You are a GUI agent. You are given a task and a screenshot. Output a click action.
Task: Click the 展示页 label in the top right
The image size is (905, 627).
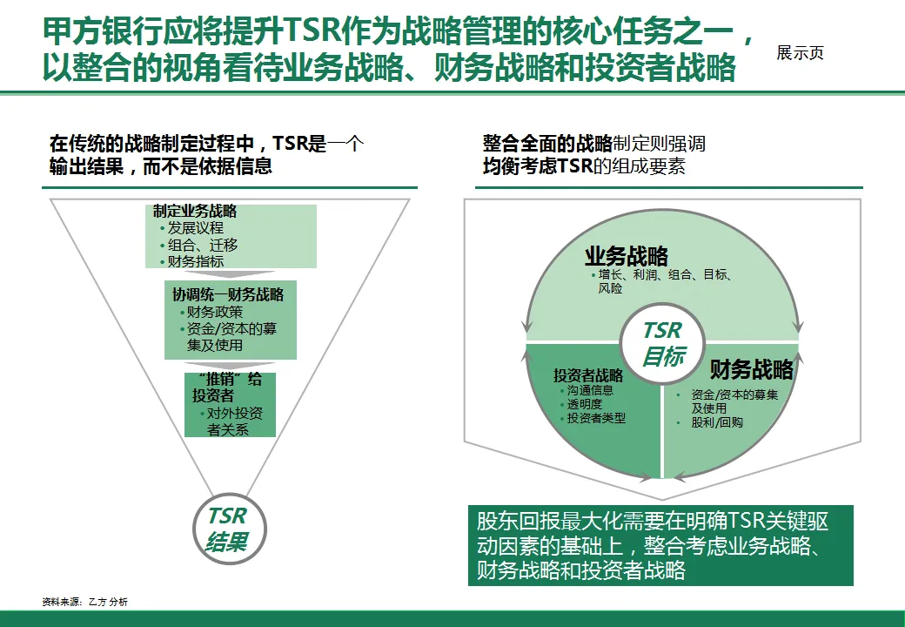coord(800,53)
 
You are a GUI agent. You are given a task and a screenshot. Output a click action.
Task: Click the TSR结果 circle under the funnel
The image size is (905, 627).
coord(226,529)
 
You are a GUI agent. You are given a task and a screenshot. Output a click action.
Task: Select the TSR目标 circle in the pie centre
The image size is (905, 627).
coord(663,344)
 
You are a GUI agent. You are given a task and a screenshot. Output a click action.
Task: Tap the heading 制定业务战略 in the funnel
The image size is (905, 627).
coord(195,212)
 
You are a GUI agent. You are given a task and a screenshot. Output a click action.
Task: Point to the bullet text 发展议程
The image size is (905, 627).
coord(195,228)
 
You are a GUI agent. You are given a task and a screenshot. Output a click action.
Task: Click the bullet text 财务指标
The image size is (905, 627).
coord(195,261)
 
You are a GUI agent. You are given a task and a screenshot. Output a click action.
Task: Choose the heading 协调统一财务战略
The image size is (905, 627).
coord(228,294)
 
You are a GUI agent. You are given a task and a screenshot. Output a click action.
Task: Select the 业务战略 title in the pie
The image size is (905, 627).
coord(627,256)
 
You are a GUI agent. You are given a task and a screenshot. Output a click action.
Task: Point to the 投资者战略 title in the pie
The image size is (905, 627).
coord(588,376)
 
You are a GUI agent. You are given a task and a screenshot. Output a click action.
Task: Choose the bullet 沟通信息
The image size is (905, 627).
coord(590,390)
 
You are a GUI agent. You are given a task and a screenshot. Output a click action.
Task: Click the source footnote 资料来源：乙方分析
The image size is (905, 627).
coord(84,602)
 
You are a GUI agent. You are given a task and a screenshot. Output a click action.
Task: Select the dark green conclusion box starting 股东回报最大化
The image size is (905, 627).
coord(660,546)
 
